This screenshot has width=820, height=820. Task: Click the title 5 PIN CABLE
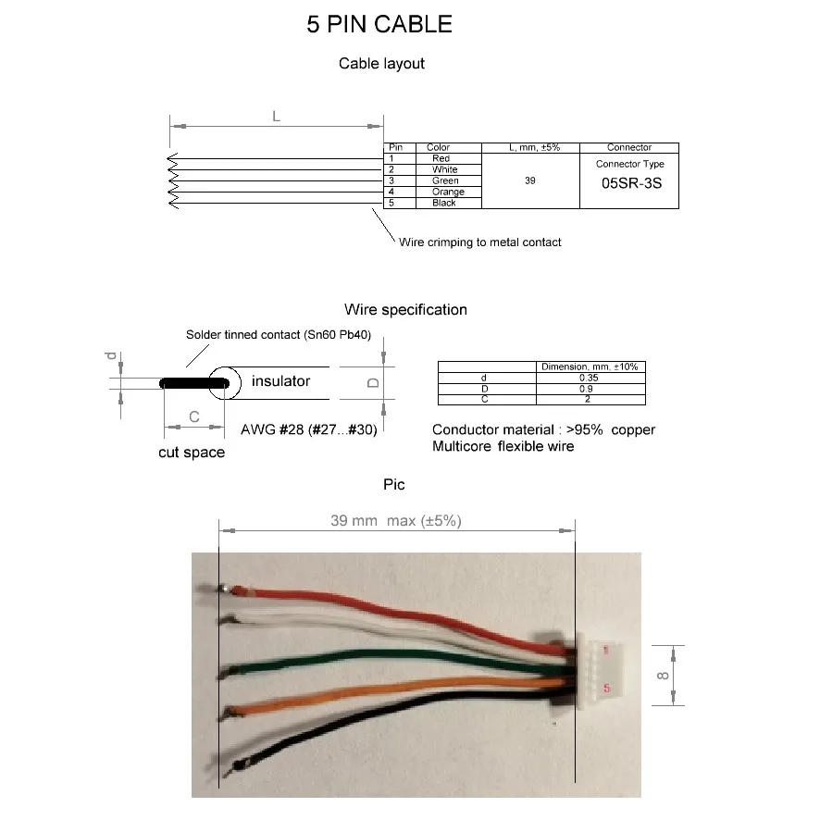pyautogui.click(x=379, y=24)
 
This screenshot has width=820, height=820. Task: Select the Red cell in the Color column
pyautogui.click(x=441, y=158)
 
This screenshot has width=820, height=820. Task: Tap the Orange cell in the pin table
pyautogui.click(x=448, y=192)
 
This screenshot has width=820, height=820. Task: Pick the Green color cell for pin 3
pyautogui.click(x=445, y=180)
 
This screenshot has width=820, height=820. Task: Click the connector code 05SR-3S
pyautogui.click(x=632, y=182)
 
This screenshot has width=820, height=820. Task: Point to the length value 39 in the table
pyautogui.click(x=530, y=180)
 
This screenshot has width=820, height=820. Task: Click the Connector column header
pyautogui.click(x=629, y=147)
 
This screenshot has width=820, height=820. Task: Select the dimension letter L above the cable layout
pyautogui.click(x=276, y=116)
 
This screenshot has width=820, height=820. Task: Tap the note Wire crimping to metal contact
pyautogui.click(x=479, y=242)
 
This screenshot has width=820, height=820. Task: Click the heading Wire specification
pyautogui.click(x=405, y=309)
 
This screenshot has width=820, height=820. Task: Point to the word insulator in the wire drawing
pyautogui.click(x=280, y=381)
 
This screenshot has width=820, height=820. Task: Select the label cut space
pyautogui.click(x=191, y=453)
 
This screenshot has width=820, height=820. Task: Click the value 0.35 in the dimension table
pyautogui.click(x=589, y=378)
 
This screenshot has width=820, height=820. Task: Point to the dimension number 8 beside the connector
pyautogui.click(x=663, y=676)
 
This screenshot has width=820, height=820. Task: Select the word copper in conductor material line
pyautogui.click(x=633, y=429)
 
